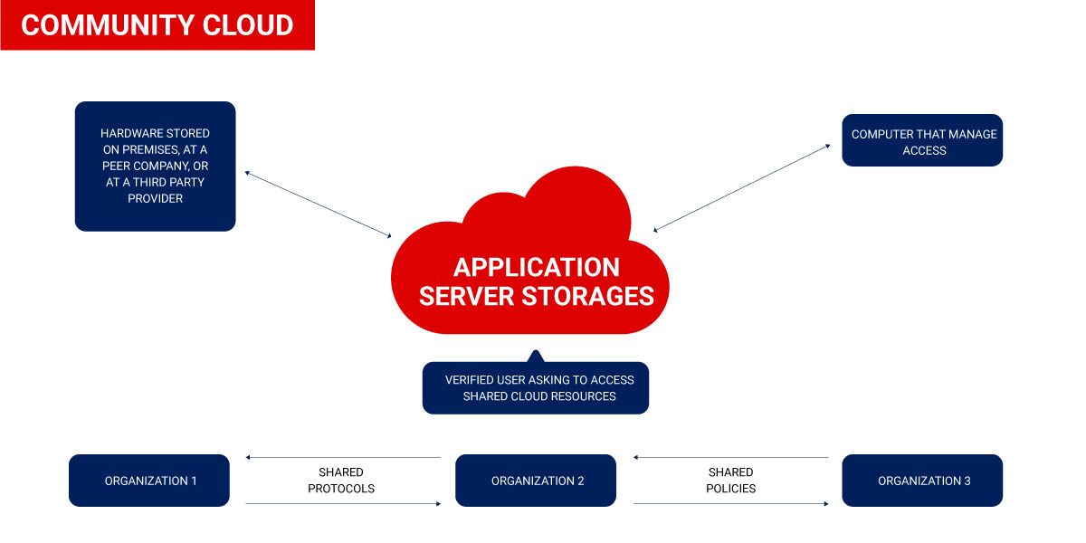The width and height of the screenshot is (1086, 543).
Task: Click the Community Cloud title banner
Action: [157, 25]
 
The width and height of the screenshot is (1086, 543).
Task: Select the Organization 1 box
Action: [149, 481]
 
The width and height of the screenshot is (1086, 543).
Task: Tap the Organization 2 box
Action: [536, 481]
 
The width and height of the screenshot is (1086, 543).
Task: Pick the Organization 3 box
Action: [922, 481]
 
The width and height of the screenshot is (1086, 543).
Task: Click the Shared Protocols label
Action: [341, 481]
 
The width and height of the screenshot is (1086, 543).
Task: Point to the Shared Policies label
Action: [730, 481]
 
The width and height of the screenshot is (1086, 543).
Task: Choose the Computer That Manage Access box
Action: [922, 141]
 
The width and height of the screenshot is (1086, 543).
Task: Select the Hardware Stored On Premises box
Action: [155, 166]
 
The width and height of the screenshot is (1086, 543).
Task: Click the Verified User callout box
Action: [536, 388]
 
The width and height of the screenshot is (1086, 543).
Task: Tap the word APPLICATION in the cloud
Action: [537, 267]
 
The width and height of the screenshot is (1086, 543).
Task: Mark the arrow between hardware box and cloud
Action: [318, 204]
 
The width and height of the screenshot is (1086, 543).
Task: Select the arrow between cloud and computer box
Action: [741, 187]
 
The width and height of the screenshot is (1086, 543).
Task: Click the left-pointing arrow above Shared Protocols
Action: [343, 457]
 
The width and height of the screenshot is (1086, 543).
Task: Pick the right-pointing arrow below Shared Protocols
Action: [343, 503]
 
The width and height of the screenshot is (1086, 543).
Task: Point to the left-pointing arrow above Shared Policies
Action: [730, 457]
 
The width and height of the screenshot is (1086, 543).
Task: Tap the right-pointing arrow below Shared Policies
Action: [730, 503]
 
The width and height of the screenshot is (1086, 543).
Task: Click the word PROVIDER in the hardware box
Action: [155, 198]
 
